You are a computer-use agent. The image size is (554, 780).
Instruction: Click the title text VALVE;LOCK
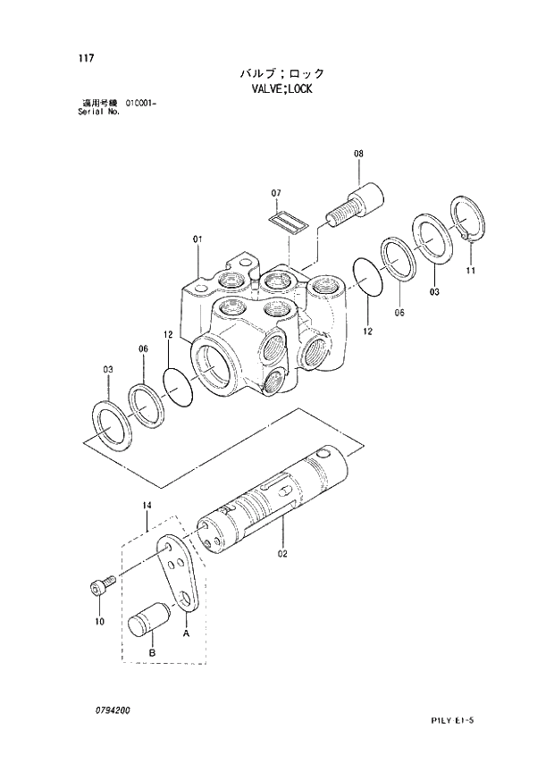[281, 89]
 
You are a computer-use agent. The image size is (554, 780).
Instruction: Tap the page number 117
[86, 61]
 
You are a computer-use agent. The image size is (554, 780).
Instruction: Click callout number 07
[276, 193]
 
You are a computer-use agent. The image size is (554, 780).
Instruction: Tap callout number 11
[470, 270]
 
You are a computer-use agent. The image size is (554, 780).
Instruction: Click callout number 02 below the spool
[282, 553]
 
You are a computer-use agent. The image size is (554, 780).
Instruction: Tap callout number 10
[98, 620]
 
